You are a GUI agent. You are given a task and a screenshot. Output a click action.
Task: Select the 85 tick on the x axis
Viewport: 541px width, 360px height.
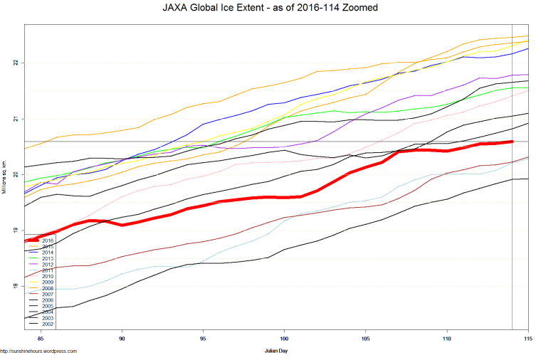[41, 338]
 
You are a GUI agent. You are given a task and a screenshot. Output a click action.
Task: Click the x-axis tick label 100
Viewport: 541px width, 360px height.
[285, 338]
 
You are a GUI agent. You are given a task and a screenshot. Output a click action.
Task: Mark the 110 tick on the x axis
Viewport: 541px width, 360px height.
[447, 338]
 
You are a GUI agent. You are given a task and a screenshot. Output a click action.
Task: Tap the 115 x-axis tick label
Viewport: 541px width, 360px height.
[528, 338]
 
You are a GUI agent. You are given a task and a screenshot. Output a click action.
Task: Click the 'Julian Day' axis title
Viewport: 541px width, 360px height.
[276, 351]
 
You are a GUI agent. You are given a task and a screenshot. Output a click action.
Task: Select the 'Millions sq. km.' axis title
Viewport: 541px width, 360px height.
[5, 174]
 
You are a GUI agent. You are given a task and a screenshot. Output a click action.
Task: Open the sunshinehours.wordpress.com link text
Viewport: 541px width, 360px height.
[38, 351]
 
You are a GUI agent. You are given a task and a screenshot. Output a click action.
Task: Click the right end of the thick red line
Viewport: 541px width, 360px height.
[512, 142]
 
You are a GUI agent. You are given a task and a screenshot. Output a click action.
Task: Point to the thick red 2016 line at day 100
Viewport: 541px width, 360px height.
[285, 197]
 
